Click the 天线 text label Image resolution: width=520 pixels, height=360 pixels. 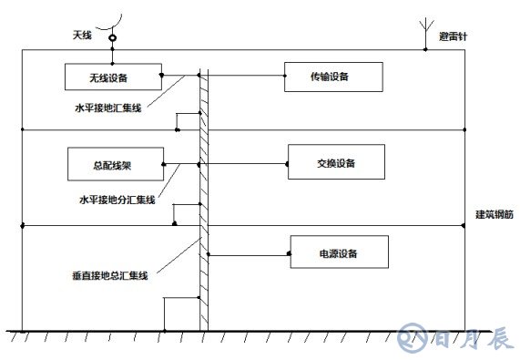tap(82, 36)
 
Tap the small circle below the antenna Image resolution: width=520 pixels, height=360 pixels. tap(112, 38)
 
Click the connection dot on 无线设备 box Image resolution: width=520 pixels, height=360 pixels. tap(160, 74)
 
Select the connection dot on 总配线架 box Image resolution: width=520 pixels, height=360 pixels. tap(163, 164)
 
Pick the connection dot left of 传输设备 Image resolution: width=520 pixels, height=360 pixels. tap(210, 74)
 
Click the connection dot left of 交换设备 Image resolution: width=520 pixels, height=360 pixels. tap(210, 164)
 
